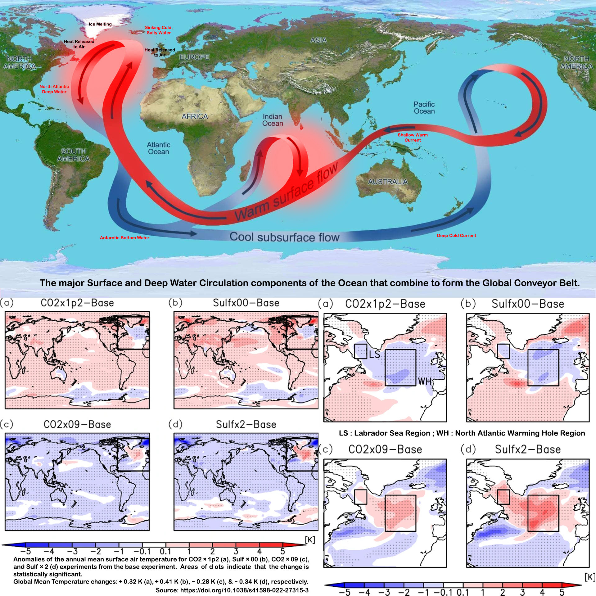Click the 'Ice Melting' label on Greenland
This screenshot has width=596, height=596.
(x=100, y=24)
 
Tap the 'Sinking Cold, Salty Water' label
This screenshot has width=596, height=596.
(x=159, y=30)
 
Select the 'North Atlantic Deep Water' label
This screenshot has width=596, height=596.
(x=54, y=89)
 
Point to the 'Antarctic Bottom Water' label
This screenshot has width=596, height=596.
(x=124, y=238)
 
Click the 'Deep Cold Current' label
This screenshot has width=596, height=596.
(x=456, y=236)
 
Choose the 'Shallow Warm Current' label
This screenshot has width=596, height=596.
(x=413, y=138)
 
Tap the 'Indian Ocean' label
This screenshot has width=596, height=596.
(x=273, y=120)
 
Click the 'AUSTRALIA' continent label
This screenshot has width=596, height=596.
(x=388, y=182)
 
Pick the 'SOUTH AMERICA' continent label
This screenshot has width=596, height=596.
(x=74, y=155)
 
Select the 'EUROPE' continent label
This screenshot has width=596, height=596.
(x=194, y=57)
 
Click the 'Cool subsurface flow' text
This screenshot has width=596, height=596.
(x=284, y=237)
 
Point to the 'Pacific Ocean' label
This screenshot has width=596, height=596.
(x=424, y=108)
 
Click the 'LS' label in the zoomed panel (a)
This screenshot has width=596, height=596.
(x=374, y=354)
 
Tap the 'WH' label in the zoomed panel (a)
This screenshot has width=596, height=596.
(x=425, y=382)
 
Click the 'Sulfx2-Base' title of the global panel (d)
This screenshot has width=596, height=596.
(x=246, y=424)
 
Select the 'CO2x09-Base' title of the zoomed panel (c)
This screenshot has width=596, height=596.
(x=385, y=449)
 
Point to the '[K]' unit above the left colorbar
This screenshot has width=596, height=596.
(x=310, y=540)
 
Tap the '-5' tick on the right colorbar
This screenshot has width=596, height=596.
(x=345, y=592)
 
